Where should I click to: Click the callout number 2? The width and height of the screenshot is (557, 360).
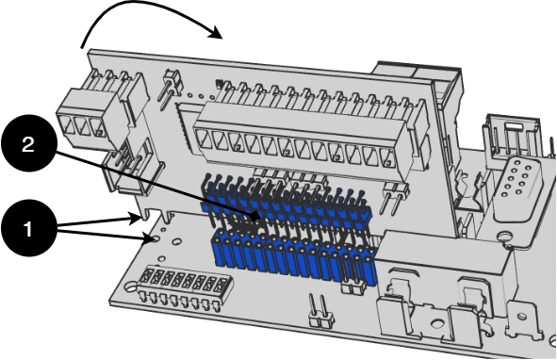point(28,144)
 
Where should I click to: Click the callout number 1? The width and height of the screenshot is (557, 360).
point(28,229)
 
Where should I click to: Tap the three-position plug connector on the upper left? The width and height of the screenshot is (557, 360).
point(95,110)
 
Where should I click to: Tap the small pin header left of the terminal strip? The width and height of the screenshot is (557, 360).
point(171,87)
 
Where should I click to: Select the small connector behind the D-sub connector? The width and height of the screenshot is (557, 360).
point(507,134)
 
